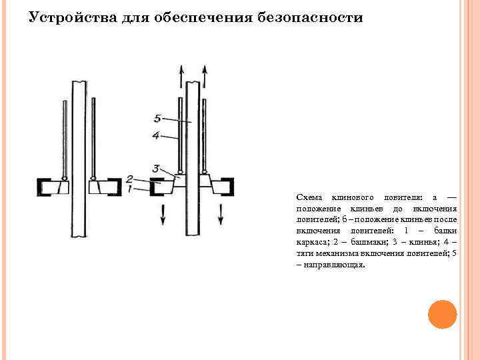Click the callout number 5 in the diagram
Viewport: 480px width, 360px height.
158,119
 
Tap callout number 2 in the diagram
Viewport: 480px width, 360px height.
131,179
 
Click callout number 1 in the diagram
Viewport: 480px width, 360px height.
131,189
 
